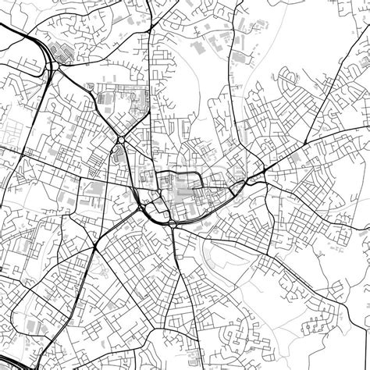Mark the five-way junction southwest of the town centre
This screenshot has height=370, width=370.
click(x=94, y=249)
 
